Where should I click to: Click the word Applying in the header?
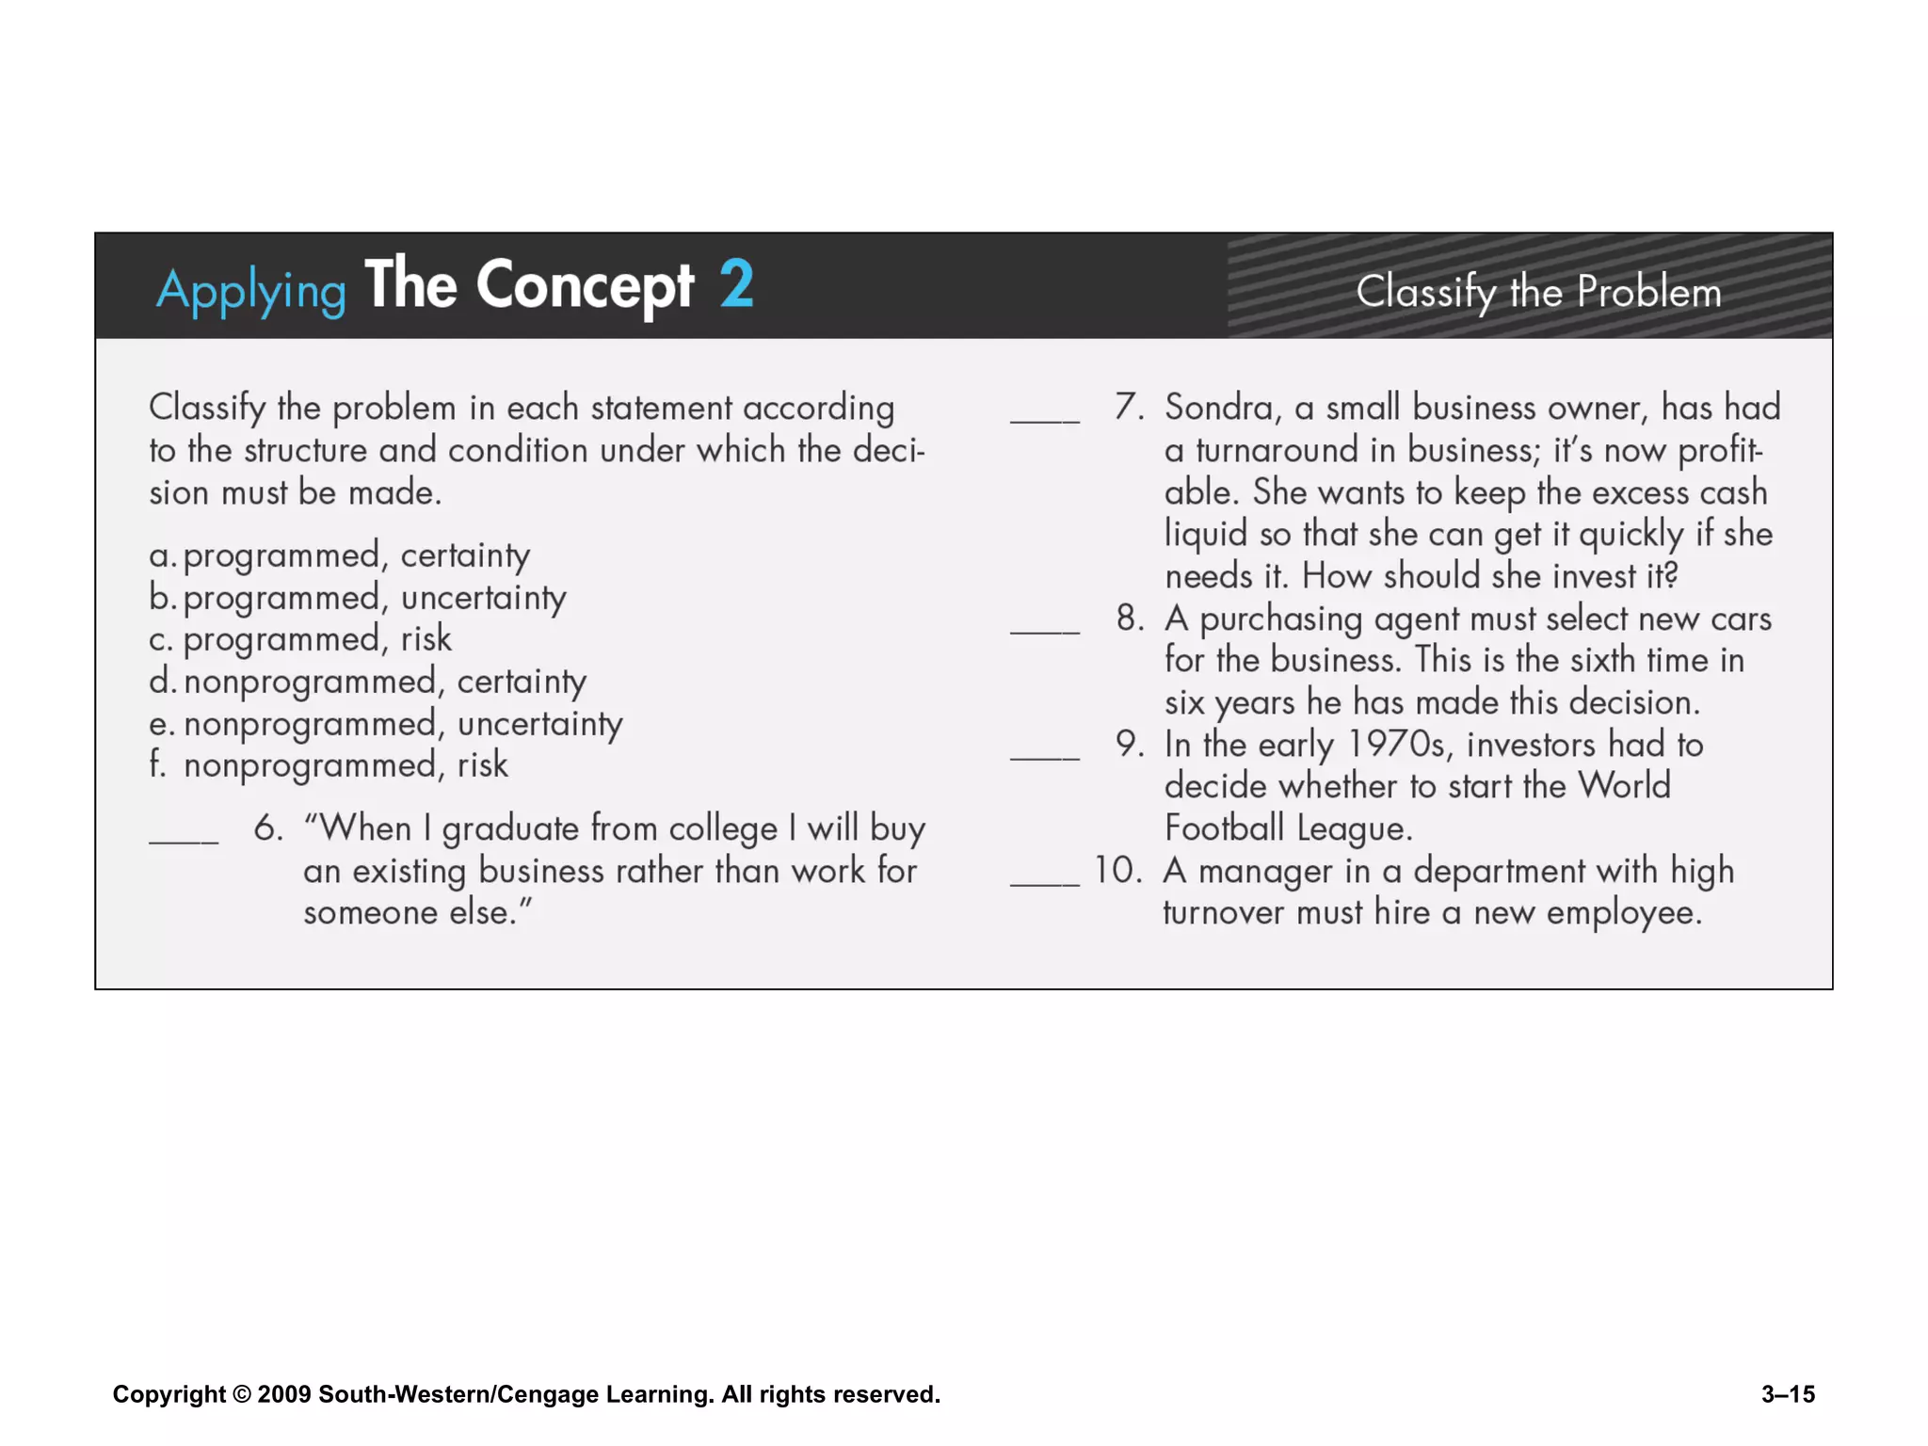tap(251, 290)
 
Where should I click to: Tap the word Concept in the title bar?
tap(585, 285)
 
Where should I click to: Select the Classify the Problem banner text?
tap(1538, 292)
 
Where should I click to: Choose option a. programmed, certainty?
tap(339, 555)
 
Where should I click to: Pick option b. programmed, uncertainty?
tap(358, 598)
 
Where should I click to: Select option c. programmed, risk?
tap(300, 639)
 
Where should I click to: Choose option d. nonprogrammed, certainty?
tap(367, 682)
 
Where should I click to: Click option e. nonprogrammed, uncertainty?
tap(385, 724)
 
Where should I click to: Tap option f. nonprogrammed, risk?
tap(329, 765)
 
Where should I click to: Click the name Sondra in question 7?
tap(1222, 409)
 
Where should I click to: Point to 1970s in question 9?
tap(1397, 745)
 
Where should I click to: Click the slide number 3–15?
tap(1788, 1394)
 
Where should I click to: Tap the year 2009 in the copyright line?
tap(283, 1394)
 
